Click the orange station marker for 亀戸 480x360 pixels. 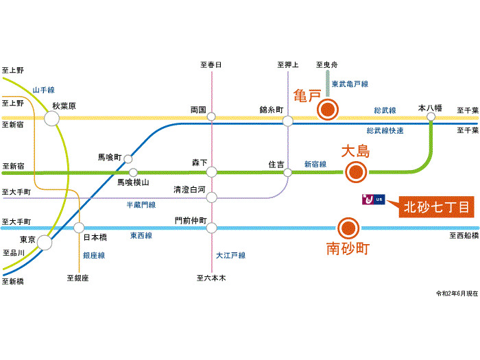point(328,109)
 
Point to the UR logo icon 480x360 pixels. point(375,200)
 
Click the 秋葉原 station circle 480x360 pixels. point(51,119)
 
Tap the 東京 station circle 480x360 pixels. point(45,241)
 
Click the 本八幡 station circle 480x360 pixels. point(431,117)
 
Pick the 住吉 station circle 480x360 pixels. point(287,172)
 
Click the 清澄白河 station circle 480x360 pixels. point(212,197)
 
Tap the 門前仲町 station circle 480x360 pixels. point(212,228)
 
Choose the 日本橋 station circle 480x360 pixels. point(79,228)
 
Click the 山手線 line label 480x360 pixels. point(43,90)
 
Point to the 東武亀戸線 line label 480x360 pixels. point(350,84)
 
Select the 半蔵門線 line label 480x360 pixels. point(141,204)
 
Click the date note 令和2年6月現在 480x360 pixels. point(456,293)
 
